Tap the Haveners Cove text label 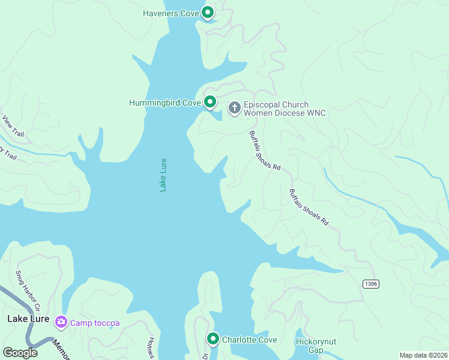(171, 13)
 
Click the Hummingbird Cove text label (164, 103)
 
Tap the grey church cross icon (234, 108)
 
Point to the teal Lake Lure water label (163, 175)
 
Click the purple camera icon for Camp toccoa (61, 323)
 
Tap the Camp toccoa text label (95, 323)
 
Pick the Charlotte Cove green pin (212, 340)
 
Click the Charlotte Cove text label (250, 340)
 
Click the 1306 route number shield (370, 283)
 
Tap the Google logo (20, 353)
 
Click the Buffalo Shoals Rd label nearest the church (265, 151)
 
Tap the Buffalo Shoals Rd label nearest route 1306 (309, 208)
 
